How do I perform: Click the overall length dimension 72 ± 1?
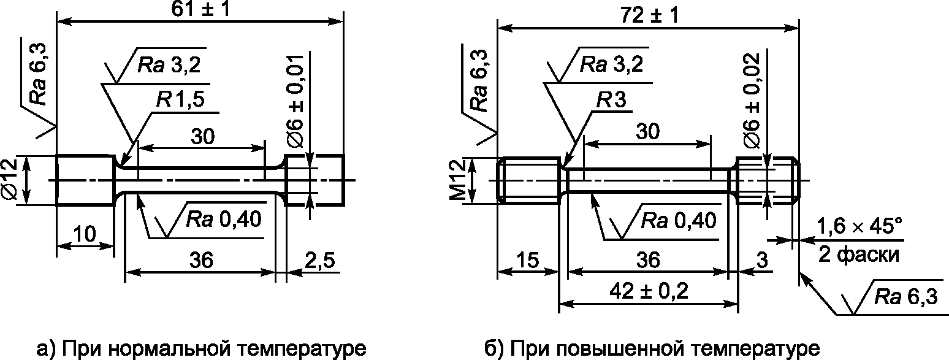pyautogui.click(x=649, y=16)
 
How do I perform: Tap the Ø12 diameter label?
pyautogui.click(x=10, y=179)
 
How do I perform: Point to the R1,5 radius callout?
pyautogui.click(x=180, y=99)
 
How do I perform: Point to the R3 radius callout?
pyautogui.click(x=611, y=100)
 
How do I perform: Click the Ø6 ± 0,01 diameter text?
pyautogui.click(x=295, y=101)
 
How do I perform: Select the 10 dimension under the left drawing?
pyautogui.click(x=85, y=234)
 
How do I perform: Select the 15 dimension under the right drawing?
pyautogui.click(x=527, y=260)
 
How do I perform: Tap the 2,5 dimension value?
pyautogui.click(x=319, y=260)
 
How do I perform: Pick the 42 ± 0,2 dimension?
pyautogui.click(x=649, y=291)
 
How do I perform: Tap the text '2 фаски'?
pyautogui.click(x=858, y=255)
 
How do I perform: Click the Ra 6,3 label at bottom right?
pyautogui.click(x=906, y=297)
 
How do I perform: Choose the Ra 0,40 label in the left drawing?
pyautogui.click(x=223, y=219)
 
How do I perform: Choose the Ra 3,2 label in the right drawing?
pyautogui.click(x=611, y=64)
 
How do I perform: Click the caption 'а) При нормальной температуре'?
pyautogui.click(x=202, y=348)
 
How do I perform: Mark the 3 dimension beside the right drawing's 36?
pyautogui.click(x=762, y=260)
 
